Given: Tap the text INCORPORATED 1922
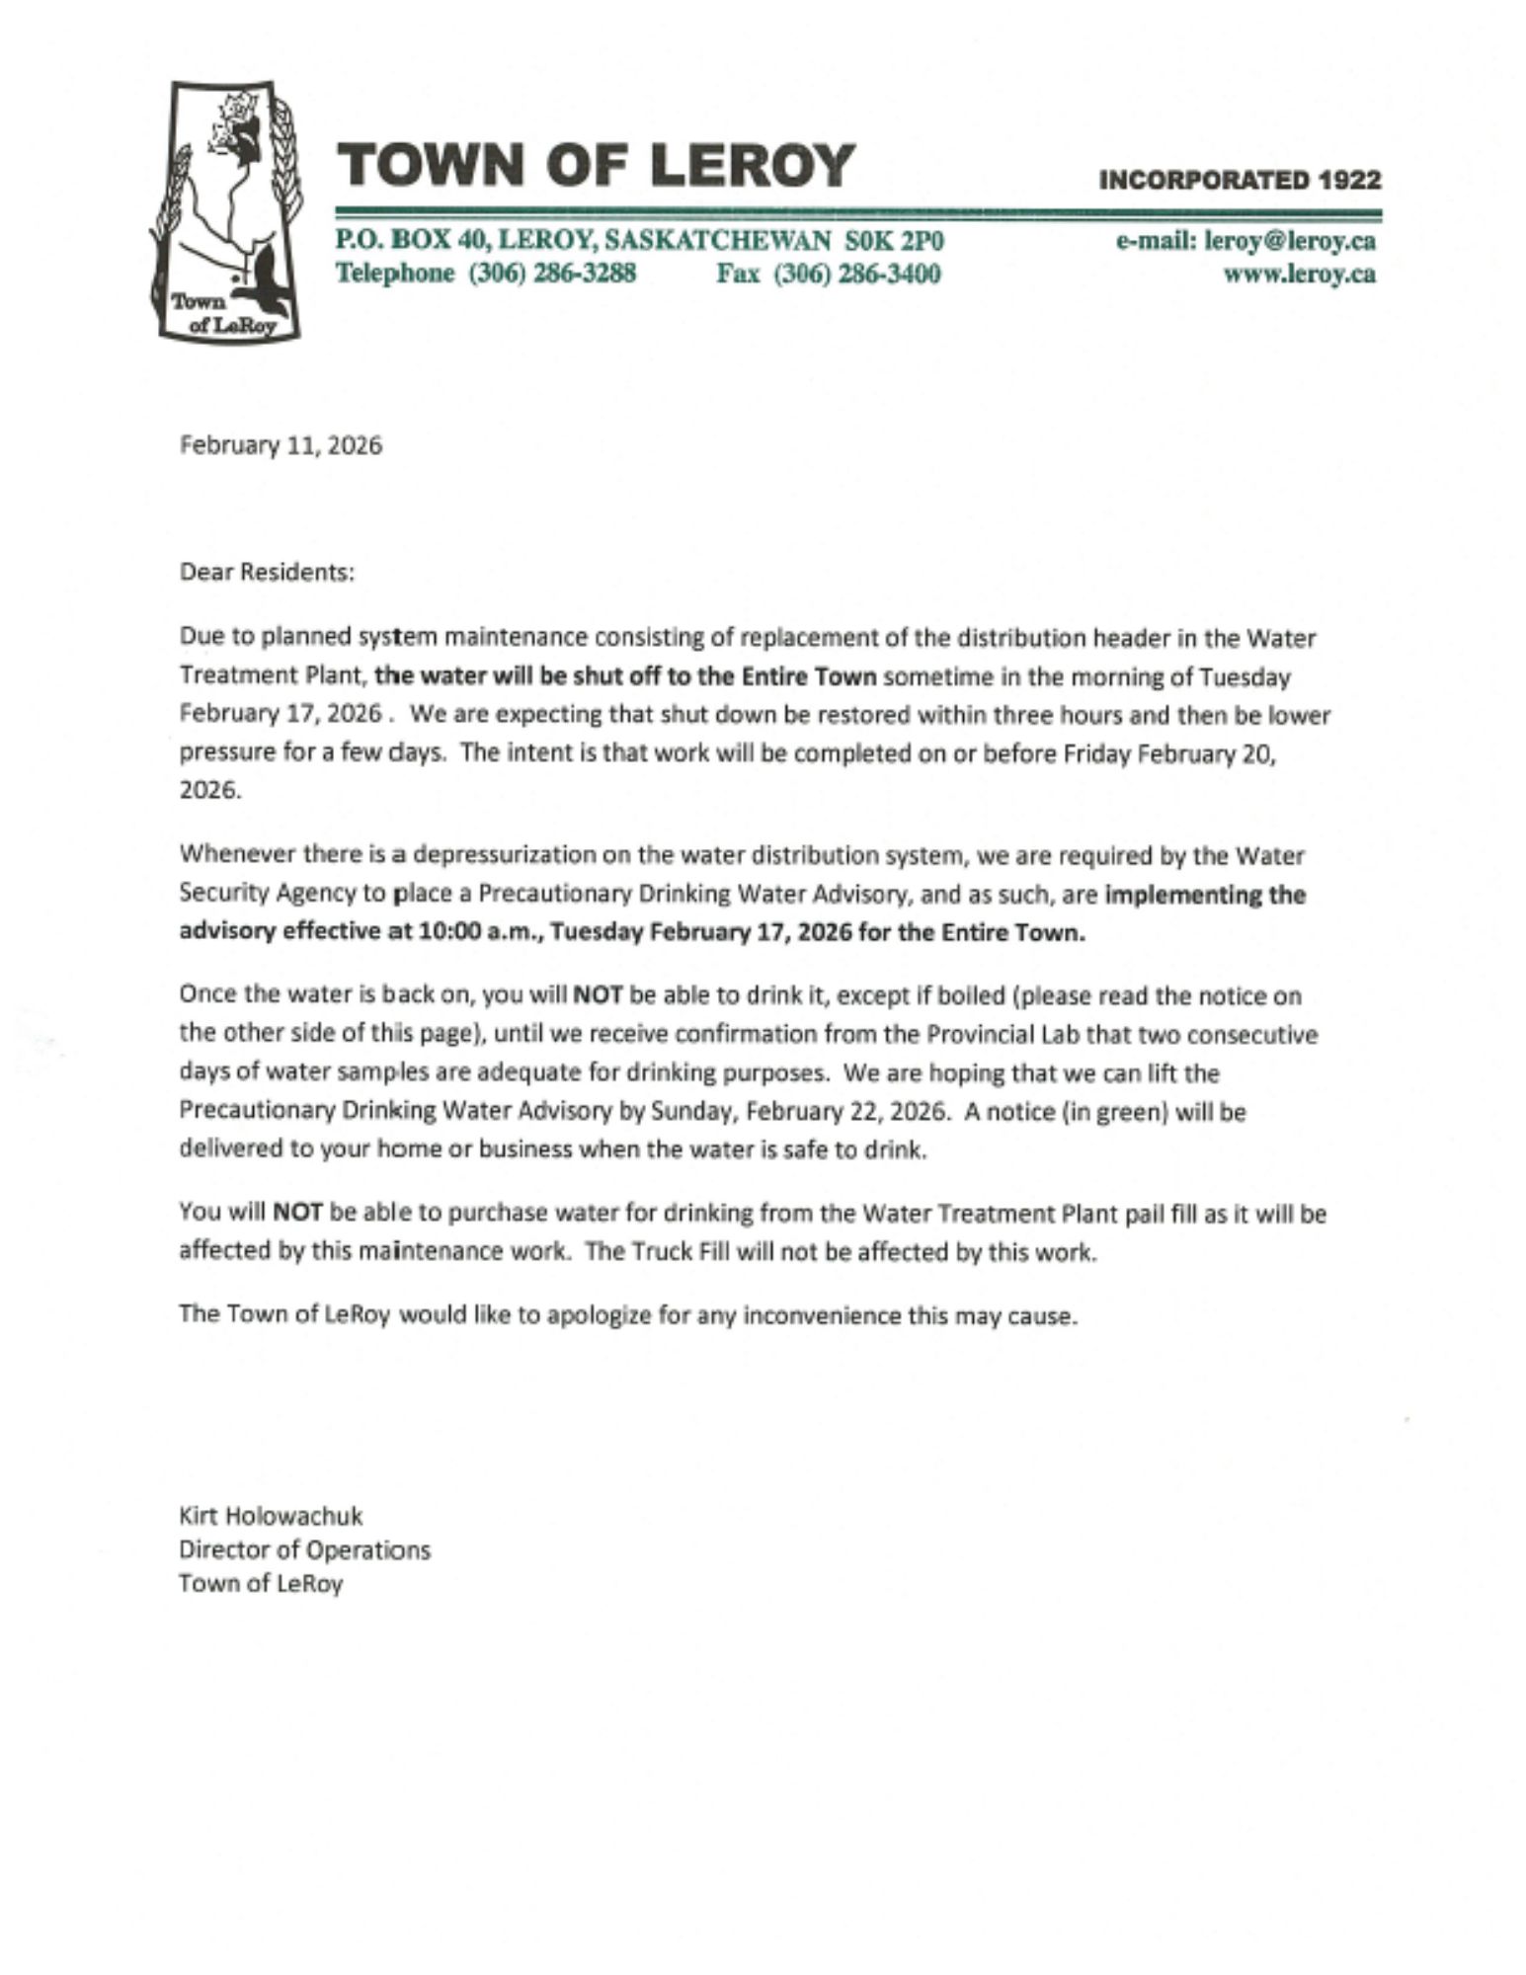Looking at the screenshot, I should (x=1239, y=180).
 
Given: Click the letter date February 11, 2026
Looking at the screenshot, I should (x=281, y=445).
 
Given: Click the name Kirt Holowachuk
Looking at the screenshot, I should (x=271, y=1515).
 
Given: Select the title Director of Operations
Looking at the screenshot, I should (x=304, y=1549).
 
